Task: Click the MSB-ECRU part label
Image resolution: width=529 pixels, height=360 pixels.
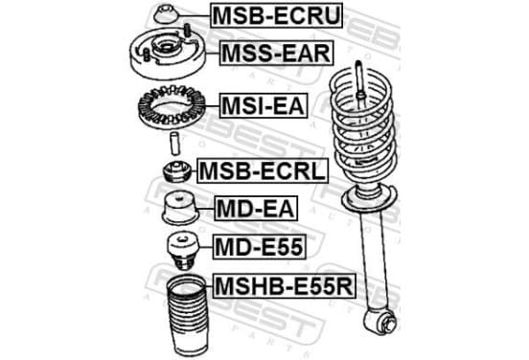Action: (x=276, y=15)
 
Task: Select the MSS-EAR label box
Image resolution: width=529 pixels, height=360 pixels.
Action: (x=276, y=53)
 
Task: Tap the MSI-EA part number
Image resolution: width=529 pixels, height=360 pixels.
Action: (x=264, y=105)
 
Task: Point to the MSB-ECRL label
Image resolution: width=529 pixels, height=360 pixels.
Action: (x=263, y=170)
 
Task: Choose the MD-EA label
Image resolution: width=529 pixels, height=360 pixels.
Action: (x=256, y=209)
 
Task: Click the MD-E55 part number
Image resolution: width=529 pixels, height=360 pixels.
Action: (x=259, y=247)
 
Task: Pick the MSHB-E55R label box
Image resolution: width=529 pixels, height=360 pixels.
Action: (x=284, y=286)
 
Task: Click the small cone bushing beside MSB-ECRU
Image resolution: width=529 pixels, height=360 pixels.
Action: (x=165, y=14)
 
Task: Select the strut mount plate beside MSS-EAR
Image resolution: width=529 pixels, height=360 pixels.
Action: (x=168, y=55)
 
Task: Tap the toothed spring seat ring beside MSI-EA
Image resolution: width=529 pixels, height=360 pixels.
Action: (x=172, y=107)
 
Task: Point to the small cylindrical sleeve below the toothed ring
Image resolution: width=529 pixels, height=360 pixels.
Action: (x=174, y=144)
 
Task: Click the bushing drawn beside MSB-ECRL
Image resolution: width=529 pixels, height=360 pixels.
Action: (x=177, y=172)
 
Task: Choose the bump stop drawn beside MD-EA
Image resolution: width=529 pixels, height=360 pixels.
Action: (x=180, y=209)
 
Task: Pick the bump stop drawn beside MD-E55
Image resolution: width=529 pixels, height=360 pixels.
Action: (x=183, y=251)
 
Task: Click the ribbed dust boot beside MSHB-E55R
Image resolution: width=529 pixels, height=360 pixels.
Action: (x=186, y=316)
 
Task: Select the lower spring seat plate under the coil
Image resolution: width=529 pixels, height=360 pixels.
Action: (x=368, y=199)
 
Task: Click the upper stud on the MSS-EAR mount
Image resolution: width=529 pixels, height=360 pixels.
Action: (x=187, y=31)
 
